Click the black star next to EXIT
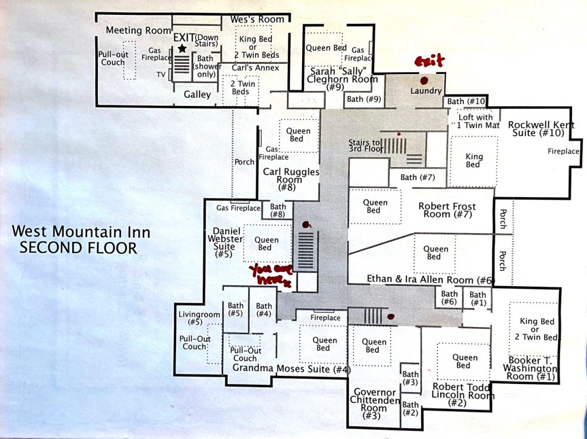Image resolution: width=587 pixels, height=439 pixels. (182, 48)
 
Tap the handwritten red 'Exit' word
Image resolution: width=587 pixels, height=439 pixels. (430, 61)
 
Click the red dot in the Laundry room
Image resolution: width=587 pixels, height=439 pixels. (424, 80)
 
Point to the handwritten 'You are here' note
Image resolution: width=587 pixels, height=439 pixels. (271, 276)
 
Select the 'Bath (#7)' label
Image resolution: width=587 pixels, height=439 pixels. (417, 177)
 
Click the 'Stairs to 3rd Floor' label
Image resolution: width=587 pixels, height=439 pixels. (366, 146)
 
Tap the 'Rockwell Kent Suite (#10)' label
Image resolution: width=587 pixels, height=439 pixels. (541, 129)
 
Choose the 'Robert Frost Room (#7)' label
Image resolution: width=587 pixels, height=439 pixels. (447, 210)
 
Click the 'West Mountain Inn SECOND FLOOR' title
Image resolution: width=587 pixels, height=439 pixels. (81, 240)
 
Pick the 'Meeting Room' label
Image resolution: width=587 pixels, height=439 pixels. (139, 30)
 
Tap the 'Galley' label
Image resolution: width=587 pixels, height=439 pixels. (197, 95)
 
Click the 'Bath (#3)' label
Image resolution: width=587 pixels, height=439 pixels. (410, 378)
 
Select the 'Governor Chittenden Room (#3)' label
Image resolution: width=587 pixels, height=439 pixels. (374, 404)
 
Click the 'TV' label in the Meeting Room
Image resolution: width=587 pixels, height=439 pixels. (161, 75)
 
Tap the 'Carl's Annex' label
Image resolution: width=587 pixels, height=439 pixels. (255, 68)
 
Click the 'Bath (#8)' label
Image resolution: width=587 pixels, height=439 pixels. (278, 210)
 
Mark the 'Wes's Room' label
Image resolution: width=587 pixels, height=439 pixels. (257, 19)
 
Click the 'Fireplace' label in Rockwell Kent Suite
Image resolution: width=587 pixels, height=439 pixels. (563, 151)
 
